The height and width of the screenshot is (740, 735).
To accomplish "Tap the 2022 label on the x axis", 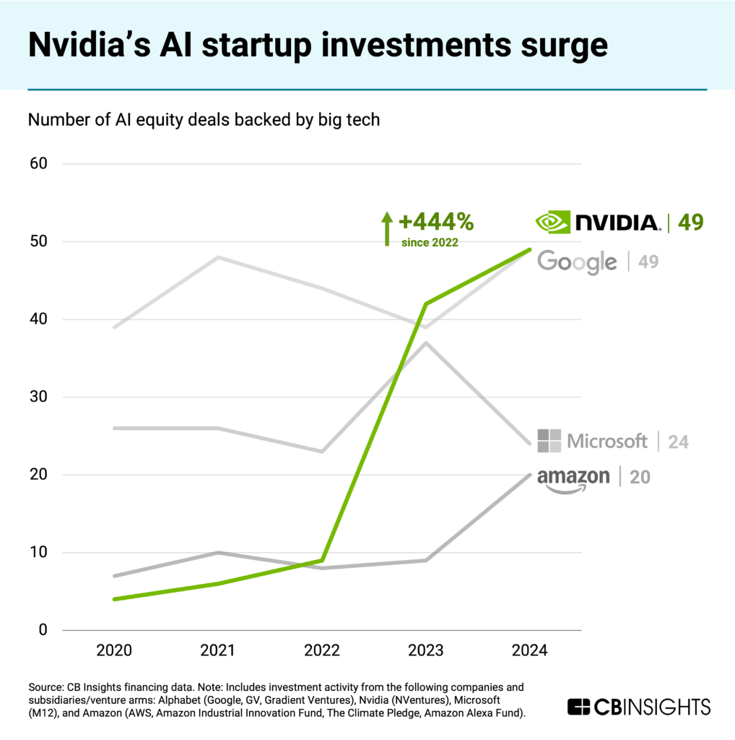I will pyautogui.click(x=321, y=650).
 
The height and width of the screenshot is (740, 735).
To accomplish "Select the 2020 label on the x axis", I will pyautogui.click(x=114, y=650).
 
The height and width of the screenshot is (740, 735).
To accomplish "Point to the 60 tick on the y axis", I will pyautogui.click(x=38, y=163).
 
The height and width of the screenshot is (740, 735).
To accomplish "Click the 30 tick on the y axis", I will pyautogui.click(x=38, y=397).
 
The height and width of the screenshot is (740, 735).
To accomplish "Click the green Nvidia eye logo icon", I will pyautogui.click(x=552, y=222).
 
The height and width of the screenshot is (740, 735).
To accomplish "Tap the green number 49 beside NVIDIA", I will pyautogui.click(x=690, y=223).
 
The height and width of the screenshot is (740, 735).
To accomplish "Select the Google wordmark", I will pyautogui.click(x=577, y=262).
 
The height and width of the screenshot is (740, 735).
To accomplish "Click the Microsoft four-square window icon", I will pyautogui.click(x=549, y=440).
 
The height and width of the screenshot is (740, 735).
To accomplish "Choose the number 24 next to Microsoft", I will pyautogui.click(x=678, y=441).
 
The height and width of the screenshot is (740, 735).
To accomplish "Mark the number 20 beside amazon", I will pyautogui.click(x=639, y=478).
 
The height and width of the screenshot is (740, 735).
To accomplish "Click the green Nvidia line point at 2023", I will pyautogui.click(x=426, y=304).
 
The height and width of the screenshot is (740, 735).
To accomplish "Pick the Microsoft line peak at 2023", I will pyautogui.click(x=426, y=343).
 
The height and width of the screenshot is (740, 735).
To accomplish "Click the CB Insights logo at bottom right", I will pyautogui.click(x=639, y=707).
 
